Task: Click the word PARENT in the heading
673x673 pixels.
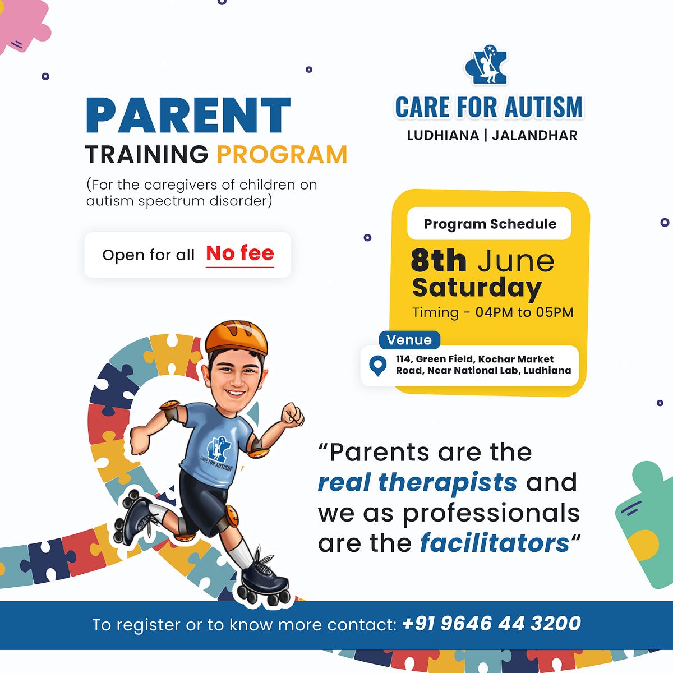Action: pos(188,116)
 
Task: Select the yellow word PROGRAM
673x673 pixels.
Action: pos(282,155)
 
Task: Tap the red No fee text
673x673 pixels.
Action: pos(240,253)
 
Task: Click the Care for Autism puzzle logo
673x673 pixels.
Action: pos(486,66)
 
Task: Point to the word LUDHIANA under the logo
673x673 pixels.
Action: pos(442,135)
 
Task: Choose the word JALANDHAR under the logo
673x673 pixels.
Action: pos(534,135)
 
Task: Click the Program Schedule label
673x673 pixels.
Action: pos(490,224)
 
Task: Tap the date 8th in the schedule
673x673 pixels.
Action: pos(439,261)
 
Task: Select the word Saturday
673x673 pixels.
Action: pos(477,287)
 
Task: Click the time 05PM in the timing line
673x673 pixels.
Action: pos(554,312)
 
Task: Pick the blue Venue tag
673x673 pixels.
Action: pos(409,340)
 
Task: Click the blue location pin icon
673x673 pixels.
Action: pos(378,366)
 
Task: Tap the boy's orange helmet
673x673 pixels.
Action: pos(236,336)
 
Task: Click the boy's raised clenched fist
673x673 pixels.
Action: pos(292,414)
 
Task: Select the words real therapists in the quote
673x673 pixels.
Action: pos(417,482)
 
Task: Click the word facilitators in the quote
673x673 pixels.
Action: pos(495,543)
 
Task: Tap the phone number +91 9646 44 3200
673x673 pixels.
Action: pos(491,624)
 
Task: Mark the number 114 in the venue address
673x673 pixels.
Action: pos(403,359)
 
